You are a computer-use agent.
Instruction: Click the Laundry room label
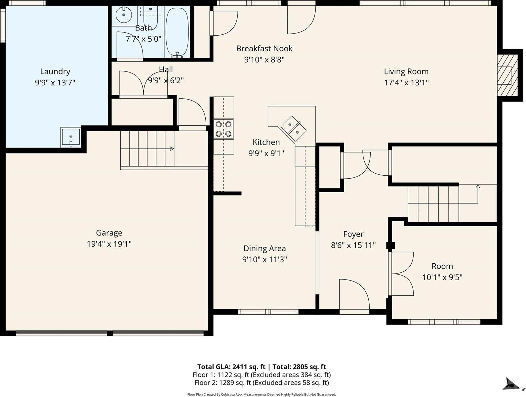click(55, 71)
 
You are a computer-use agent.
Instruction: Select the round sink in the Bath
click(124, 14)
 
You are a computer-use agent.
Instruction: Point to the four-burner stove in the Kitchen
click(223, 129)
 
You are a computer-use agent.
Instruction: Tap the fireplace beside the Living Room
click(506, 75)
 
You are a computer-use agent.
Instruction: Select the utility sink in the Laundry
click(70, 137)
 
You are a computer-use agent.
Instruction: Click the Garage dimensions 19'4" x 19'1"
click(109, 244)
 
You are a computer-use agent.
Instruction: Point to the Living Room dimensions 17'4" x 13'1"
click(406, 83)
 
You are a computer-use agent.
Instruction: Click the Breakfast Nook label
click(264, 49)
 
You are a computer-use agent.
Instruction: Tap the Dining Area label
click(264, 248)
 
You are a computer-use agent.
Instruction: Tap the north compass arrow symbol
click(511, 384)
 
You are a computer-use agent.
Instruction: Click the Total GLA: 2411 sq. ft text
click(231, 367)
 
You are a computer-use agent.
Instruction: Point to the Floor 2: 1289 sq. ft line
click(262, 383)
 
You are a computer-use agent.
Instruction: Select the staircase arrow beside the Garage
click(172, 149)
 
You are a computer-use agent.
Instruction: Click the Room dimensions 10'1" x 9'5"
click(442, 277)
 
